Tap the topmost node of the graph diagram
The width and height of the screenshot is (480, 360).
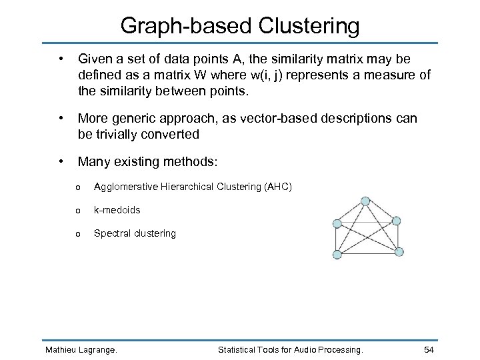tap(365, 201)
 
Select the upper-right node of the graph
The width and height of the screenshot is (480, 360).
tap(397, 221)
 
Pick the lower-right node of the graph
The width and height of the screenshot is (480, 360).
tap(399, 251)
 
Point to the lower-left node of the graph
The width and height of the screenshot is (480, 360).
tap(337, 254)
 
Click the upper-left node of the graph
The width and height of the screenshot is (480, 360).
tap(337, 224)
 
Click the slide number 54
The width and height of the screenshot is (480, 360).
tap(429, 350)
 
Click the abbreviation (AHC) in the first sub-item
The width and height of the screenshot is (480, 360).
tap(277, 187)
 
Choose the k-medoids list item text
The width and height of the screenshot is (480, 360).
tap(117, 210)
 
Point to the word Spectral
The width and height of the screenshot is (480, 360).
tap(111, 233)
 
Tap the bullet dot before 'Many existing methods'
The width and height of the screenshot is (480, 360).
tap(61, 161)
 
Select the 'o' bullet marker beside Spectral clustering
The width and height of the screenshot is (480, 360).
tap(78, 234)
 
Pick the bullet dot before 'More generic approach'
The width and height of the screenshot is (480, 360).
tap(61, 118)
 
